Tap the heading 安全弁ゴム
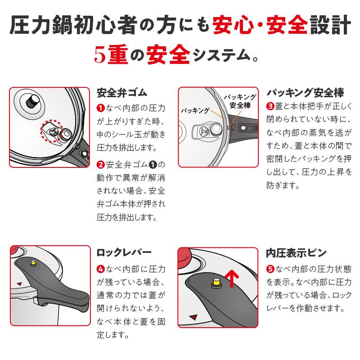coord(122,93)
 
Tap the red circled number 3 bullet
coord(270,107)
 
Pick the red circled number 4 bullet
coord(101,269)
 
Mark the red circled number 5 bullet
coord(270,269)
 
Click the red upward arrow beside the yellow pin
coord(231,279)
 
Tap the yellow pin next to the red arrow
coord(216,283)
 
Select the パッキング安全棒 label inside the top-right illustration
coord(240,101)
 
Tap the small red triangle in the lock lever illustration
coord(20,283)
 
